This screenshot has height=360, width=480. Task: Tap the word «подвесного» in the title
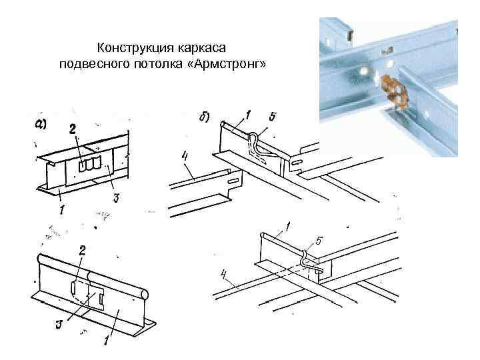pyautogui.click(x=88, y=63)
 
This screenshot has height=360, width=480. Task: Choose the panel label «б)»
pyautogui.click(x=204, y=117)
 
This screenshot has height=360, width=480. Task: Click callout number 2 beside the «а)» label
pyautogui.click(x=73, y=129)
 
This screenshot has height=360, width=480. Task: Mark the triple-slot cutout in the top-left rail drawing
pyautogui.click(x=89, y=164)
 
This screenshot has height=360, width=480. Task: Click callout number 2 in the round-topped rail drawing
pyautogui.click(x=83, y=251)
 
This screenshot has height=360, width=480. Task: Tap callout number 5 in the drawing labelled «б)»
pyautogui.click(x=271, y=117)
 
